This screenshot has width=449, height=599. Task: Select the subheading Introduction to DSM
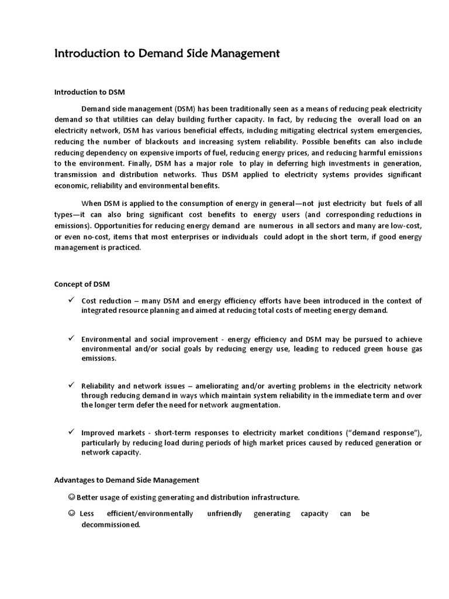(x=89, y=92)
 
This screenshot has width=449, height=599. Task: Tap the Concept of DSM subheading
(x=82, y=284)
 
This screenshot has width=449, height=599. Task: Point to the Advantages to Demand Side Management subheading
(x=126, y=480)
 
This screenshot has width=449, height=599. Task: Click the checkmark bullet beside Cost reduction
(x=70, y=301)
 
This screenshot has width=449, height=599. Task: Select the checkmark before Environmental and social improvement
(x=70, y=339)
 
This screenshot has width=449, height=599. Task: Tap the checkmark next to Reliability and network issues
(x=70, y=386)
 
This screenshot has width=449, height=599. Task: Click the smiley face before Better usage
(x=71, y=497)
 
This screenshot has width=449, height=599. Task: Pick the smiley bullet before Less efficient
(x=71, y=514)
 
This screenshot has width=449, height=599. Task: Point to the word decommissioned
(x=110, y=525)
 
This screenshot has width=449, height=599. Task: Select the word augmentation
(x=254, y=405)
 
